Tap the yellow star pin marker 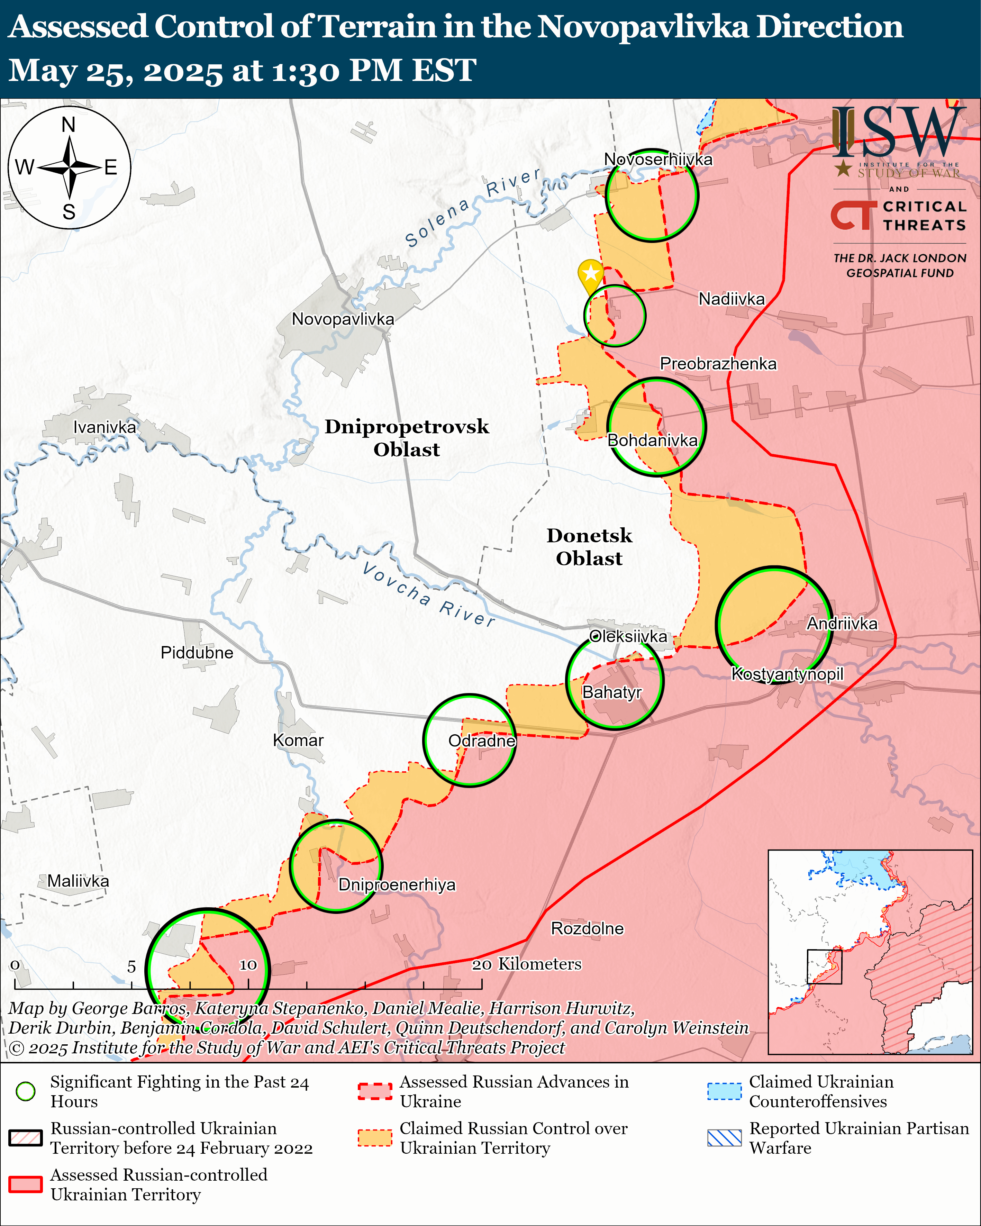[x=590, y=274]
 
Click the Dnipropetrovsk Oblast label [x=407, y=438]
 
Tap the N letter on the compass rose [x=69, y=125]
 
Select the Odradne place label [x=482, y=741]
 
